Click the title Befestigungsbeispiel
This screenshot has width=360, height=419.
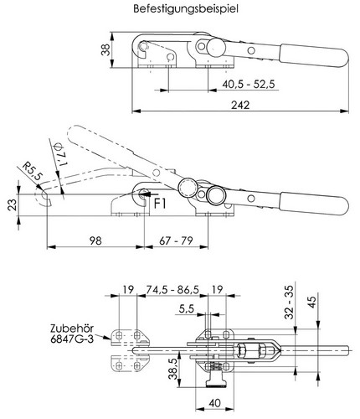[186, 8]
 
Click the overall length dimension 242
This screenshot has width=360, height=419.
[240, 105]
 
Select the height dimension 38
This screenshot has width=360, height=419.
[105, 49]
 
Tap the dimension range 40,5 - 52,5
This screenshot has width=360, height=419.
[249, 84]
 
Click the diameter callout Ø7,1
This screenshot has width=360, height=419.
[60, 154]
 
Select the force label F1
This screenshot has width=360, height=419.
[160, 204]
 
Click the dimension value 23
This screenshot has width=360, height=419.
[13, 204]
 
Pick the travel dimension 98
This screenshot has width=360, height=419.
[95, 241]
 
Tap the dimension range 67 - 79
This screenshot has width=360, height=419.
[176, 241]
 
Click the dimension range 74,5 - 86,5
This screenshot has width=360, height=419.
[172, 290]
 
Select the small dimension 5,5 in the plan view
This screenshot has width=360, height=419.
[187, 309]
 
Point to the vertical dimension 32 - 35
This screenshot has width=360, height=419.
[289, 303]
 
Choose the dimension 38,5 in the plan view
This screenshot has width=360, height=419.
[173, 370]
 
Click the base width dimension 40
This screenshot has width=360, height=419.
[214, 403]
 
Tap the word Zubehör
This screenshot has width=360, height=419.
[72, 328]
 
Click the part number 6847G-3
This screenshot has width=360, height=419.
[72, 339]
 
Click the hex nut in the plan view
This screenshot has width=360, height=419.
[242, 350]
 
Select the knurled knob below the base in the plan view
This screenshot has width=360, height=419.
[216, 383]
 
